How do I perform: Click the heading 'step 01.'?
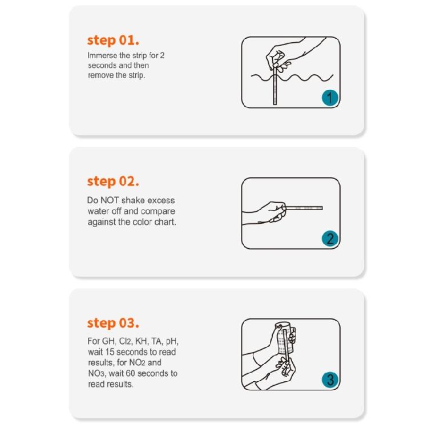[x=113, y=41]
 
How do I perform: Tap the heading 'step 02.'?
[x=113, y=181]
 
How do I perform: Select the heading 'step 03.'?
[x=113, y=323]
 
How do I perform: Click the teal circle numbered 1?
[x=330, y=98]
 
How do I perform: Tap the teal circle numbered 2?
[x=330, y=239]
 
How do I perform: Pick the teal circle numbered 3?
[x=330, y=379]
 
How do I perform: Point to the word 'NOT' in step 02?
[x=110, y=200]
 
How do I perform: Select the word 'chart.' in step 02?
[x=165, y=222]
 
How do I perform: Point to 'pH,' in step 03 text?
[x=172, y=341]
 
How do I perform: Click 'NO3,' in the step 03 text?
[x=97, y=373]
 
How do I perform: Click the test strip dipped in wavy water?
[x=275, y=84]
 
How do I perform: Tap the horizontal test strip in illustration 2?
[x=303, y=208]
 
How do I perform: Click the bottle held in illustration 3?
[x=285, y=338]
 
